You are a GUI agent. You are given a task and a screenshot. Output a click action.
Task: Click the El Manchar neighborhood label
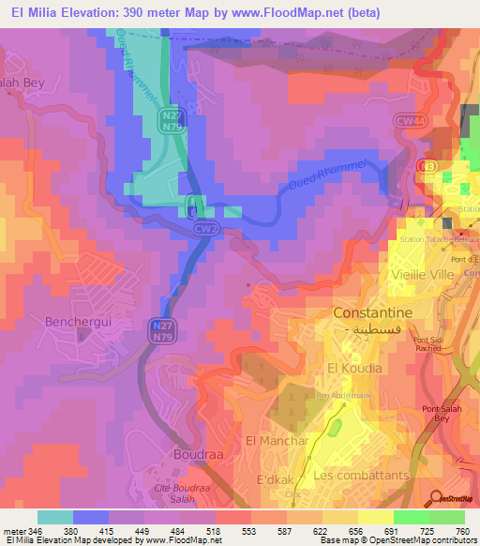tap(277, 440)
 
